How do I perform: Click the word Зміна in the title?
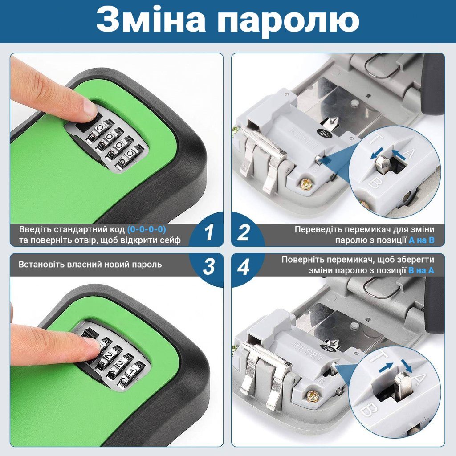pyautogui.click(x=151, y=20)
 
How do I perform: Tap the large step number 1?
pyautogui.click(x=209, y=232)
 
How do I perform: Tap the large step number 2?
pyautogui.click(x=244, y=232)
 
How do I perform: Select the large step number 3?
pyautogui.click(x=209, y=266)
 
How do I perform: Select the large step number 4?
pyautogui.click(x=244, y=266)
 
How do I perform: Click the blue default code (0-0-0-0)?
pyautogui.click(x=147, y=229)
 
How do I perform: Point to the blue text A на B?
pyautogui.click(x=421, y=240)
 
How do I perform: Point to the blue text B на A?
pyautogui.click(x=421, y=270)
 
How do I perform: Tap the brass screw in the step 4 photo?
pyautogui.click(x=313, y=395)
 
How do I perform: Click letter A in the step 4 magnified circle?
pyautogui.click(x=419, y=379)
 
